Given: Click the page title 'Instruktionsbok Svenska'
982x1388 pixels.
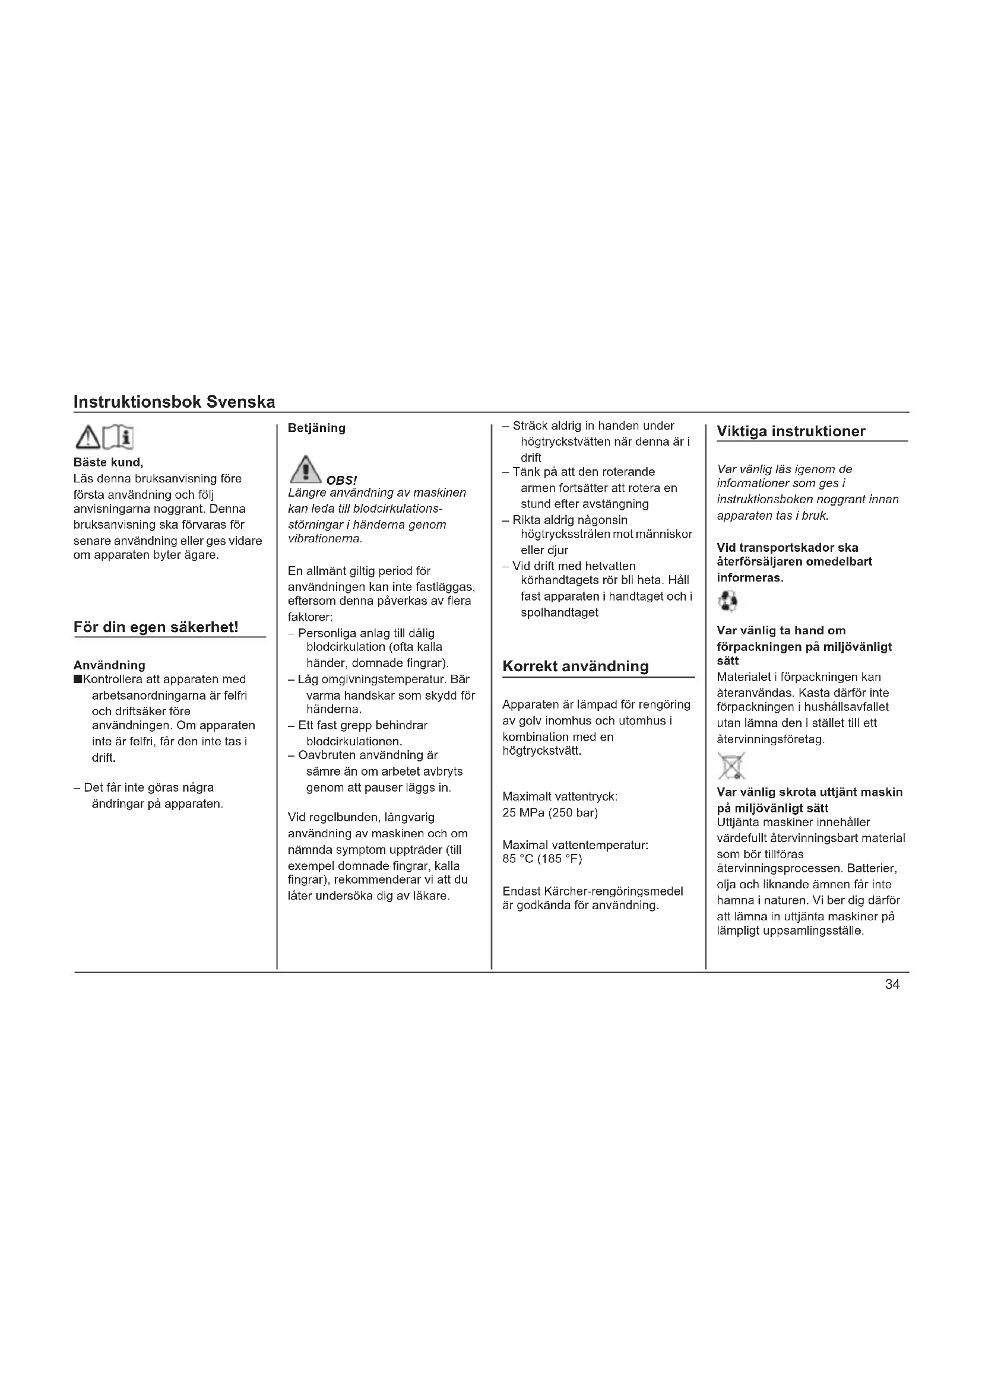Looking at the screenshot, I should (174, 402).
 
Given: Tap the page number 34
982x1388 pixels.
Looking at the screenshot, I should (892, 985).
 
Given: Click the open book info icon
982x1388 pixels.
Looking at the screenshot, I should (119, 438).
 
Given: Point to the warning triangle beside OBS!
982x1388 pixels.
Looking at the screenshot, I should (305, 470).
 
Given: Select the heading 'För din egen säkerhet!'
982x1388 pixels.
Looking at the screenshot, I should (156, 627).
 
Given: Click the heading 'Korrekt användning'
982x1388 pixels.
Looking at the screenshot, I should (575, 666).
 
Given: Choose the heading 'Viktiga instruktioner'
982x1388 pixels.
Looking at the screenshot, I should (790, 431).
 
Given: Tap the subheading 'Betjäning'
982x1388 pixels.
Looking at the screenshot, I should (316, 428).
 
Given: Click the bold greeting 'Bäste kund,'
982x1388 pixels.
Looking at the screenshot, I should (108, 462).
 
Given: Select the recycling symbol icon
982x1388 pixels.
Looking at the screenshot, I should (727, 602).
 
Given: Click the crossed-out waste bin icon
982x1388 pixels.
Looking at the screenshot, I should (731, 766).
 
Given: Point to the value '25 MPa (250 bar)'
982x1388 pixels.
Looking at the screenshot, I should (550, 812).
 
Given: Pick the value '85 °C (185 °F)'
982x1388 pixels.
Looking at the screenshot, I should (542, 859).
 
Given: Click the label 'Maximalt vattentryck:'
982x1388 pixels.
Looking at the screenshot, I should (559, 797).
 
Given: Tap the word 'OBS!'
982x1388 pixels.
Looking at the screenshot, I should (341, 481).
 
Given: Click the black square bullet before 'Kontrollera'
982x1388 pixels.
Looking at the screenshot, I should (77, 679).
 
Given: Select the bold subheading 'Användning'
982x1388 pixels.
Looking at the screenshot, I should (109, 665).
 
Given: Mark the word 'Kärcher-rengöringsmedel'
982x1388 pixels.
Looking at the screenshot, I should (614, 891).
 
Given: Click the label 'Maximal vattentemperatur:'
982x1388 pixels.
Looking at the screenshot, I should (575, 844).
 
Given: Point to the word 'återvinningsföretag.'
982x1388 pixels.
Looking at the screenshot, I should (771, 739).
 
